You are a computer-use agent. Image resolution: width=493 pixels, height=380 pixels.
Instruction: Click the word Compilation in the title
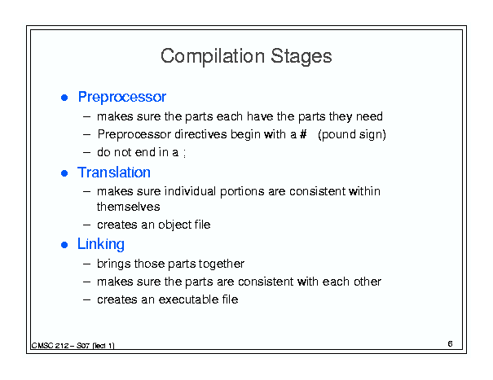[213, 57]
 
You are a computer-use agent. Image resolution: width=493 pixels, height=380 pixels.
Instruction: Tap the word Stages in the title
[302, 57]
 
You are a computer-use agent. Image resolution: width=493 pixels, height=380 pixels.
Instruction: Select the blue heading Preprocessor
[122, 98]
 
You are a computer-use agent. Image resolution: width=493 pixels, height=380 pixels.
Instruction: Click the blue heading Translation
[114, 173]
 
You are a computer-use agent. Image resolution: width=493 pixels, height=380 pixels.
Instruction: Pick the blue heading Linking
[101, 244]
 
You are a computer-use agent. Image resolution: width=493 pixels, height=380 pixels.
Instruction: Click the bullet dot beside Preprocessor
[64, 98]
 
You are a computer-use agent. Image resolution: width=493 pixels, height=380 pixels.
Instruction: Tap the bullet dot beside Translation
[64, 173]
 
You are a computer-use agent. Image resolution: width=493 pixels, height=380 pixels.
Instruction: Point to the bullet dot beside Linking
[64, 245]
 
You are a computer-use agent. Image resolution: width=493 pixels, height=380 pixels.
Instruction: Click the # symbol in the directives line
[303, 134]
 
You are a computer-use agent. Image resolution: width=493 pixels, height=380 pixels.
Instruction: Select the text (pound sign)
[352, 135]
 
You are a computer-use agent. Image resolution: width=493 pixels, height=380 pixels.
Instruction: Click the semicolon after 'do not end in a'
[184, 154]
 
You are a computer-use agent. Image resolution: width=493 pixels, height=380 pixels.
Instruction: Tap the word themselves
[128, 207]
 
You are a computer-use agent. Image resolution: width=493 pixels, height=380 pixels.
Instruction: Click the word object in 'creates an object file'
[175, 225]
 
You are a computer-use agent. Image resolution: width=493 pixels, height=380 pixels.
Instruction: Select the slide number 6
[451, 344]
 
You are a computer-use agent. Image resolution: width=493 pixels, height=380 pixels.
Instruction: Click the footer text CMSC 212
[50, 346]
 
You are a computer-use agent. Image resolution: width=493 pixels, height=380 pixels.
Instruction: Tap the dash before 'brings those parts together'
[86, 264]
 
